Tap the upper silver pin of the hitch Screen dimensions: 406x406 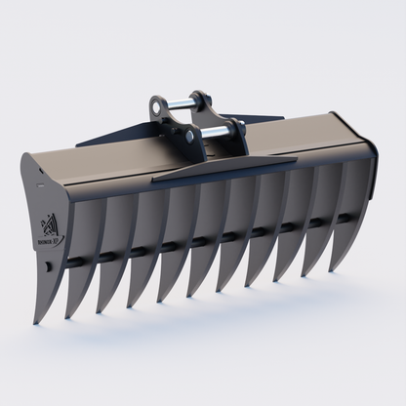[x=176, y=101]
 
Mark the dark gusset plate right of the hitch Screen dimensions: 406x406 [x=264, y=120]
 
